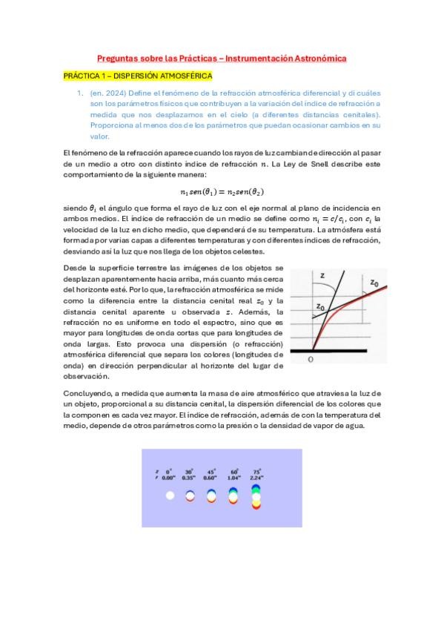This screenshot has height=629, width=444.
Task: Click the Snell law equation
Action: point(222,191)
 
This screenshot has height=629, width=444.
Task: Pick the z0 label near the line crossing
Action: point(319,306)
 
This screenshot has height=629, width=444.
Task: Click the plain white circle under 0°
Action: point(170,495)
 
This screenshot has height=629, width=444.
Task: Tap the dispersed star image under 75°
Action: point(256,495)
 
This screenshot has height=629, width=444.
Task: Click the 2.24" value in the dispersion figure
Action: point(256,478)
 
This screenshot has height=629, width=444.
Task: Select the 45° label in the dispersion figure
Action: point(211,472)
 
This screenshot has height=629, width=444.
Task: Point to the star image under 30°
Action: point(190,495)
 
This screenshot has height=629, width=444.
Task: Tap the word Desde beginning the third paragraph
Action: point(74,266)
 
